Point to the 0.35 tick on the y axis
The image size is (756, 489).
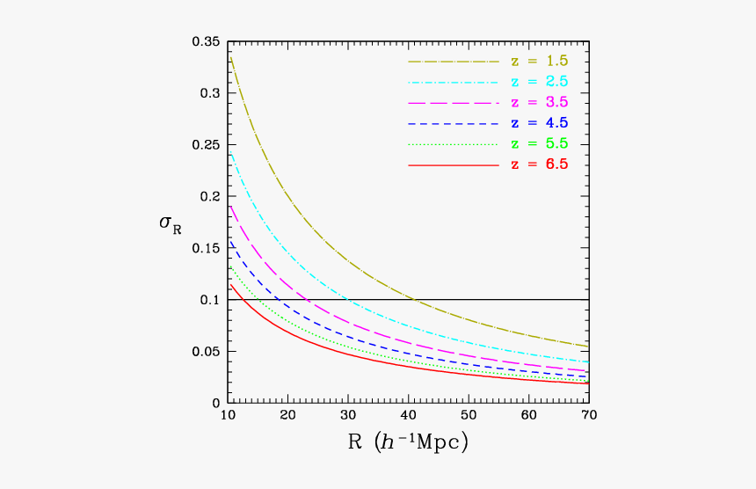point(206,41)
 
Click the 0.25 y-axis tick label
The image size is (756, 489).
point(206,145)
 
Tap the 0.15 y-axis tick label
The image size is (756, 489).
point(206,248)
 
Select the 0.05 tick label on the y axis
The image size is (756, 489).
point(206,352)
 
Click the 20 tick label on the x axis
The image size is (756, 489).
point(287,415)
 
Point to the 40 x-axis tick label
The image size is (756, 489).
point(408,415)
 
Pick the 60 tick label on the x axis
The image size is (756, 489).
point(528,415)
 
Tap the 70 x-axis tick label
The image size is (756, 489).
point(588,415)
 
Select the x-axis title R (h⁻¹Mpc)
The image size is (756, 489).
point(408,442)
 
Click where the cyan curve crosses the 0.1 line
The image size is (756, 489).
point(349,300)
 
